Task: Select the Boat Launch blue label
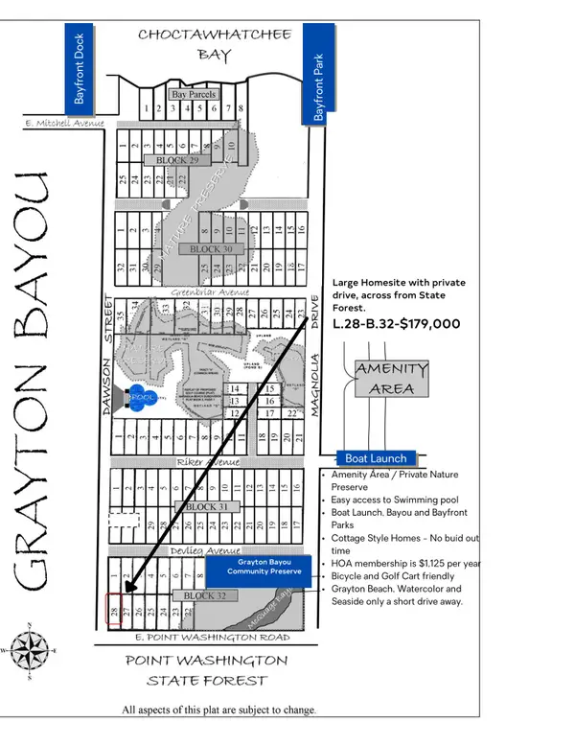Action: (x=377, y=458)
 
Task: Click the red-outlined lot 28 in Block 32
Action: (x=113, y=610)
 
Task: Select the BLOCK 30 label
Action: (x=211, y=249)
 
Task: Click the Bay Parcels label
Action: (x=194, y=94)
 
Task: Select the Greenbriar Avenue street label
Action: (x=210, y=291)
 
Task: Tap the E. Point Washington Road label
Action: (x=211, y=637)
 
